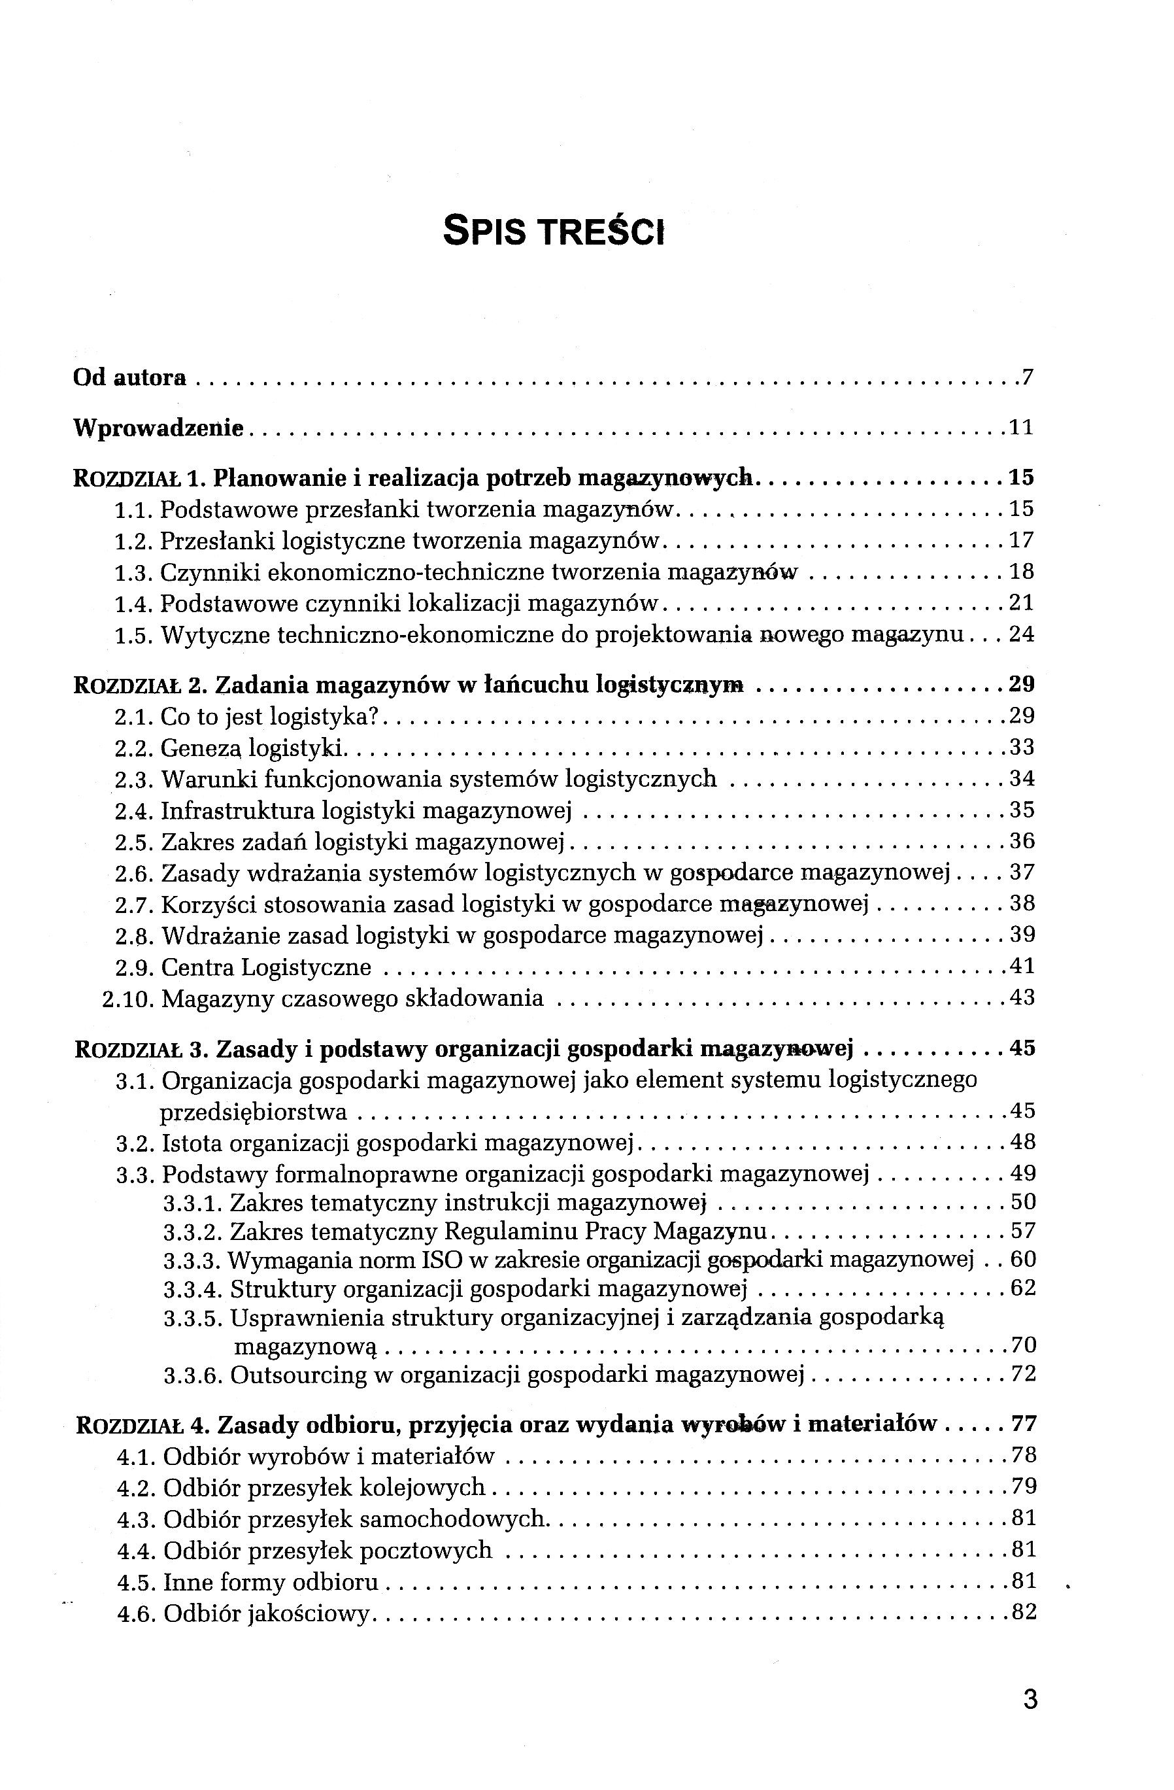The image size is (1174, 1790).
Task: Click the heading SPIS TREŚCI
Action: click(x=554, y=230)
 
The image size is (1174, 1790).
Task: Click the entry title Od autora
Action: click(x=129, y=377)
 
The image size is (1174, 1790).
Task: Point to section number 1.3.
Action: click(x=135, y=573)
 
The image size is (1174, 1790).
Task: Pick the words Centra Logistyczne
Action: click(x=266, y=967)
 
